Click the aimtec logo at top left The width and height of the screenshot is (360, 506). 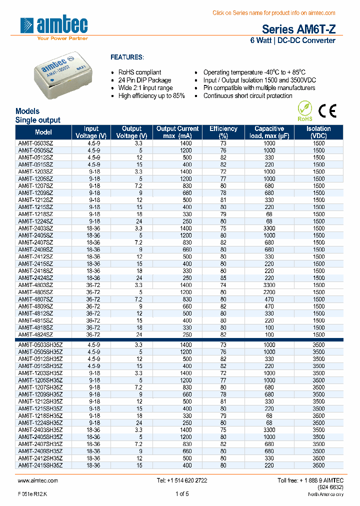pyautogui.click(x=54, y=25)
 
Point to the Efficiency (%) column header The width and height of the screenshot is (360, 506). pyautogui.click(x=223, y=132)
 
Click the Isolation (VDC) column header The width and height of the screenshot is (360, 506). pyautogui.click(x=318, y=132)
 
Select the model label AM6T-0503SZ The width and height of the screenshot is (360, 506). pyautogui.click(x=35, y=143)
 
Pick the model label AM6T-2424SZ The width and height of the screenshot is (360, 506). pyautogui.click(x=35, y=278)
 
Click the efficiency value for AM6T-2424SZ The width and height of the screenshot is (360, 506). pyautogui.click(x=223, y=278)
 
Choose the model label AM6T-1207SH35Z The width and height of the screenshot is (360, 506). pyautogui.click(x=40, y=387)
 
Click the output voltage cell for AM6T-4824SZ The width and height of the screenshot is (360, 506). pyautogui.click(x=131, y=335)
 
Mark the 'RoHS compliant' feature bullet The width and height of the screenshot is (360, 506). pyautogui.click(x=139, y=72)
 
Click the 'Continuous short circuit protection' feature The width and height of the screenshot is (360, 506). pyautogui.click(x=247, y=96)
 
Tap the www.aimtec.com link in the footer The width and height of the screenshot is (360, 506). pyautogui.click(x=38, y=480)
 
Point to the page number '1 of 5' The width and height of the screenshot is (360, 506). pyautogui.click(x=182, y=494)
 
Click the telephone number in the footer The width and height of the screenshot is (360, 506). pyautogui.click(x=182, y=480)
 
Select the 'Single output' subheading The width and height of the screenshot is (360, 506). pyautogui.click(x=38, y=120)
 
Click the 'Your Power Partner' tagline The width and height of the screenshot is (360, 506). pyautogui.click(x=63, y=38)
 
